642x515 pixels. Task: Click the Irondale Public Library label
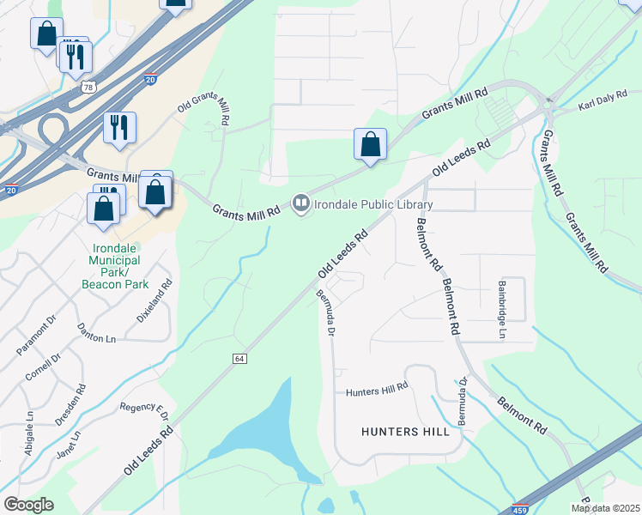click(x=372, y=204)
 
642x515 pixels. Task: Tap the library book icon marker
click(x=300, y=204)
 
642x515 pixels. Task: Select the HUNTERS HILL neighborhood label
click(x=406, y=432)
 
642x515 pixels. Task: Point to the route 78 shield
click(x=88, y=87)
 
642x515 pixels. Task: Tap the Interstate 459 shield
click(x=519, y=508)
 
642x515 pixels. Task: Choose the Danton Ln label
click(x=97, y=339)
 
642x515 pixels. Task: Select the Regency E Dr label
click(x=144, y=411)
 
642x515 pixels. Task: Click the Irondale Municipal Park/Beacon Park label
click(x=115, y=266)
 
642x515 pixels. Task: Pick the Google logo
click(x=28, y=505)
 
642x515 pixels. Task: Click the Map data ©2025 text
click(x=604, y=508)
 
